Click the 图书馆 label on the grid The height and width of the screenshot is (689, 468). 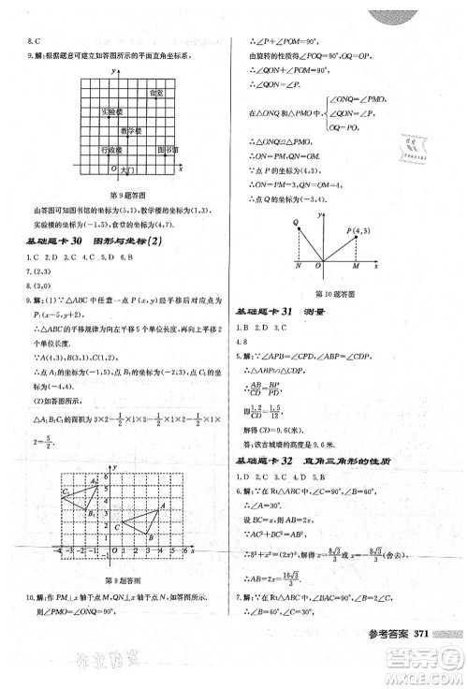click(166, 150)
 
